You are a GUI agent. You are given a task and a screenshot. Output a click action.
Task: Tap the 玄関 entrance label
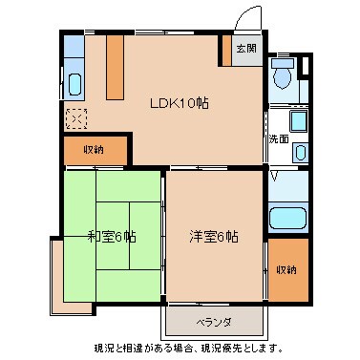[x=246, y=48]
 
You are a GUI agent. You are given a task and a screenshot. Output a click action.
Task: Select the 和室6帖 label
[x=112, y=237]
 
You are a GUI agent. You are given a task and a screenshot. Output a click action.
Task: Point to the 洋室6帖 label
[x=213, y=237]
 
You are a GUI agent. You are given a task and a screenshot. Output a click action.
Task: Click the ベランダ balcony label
[x=213, y=320]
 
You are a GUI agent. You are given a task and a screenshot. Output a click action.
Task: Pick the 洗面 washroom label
[x=278, y=139]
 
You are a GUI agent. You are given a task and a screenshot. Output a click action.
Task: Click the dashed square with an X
[x=75, y=119]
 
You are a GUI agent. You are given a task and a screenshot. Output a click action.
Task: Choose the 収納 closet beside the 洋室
[x=287, y=269]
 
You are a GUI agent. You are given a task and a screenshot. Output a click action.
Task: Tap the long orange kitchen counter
[x=115, y=69]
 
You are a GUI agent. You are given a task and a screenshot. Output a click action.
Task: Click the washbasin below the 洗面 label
[x=299, y=151]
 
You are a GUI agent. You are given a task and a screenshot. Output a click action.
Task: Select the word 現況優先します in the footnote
[x=250, y=346]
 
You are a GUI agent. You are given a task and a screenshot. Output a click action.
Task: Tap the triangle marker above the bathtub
[x=276, y=177]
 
